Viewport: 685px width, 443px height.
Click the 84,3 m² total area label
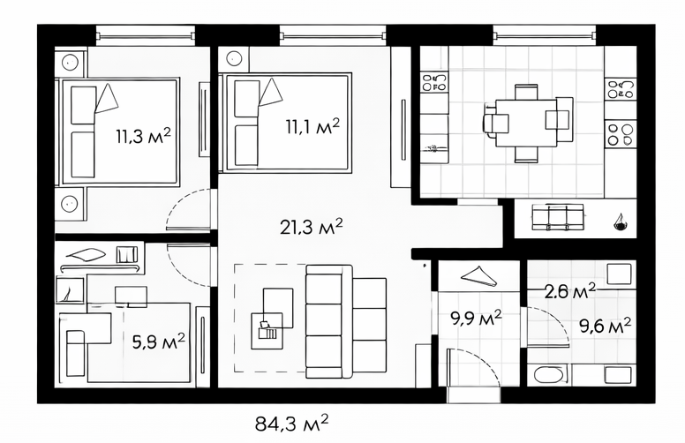(x=291, y=423)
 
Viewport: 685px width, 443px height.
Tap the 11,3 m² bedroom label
(x=143, y=136)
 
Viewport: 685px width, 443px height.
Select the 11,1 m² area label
(x=312, y=126)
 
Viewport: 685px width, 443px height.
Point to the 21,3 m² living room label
(x=311, y=227)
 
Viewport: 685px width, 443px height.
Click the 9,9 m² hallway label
(x=476, y=319)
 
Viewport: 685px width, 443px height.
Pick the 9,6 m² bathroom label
(x=605, y=326)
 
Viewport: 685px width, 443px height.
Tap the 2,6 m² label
(x=569, y=290)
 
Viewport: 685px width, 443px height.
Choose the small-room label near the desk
(x=159, y=342)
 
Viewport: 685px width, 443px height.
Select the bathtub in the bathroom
(x=550, y=375)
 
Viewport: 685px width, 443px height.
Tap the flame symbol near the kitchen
(x=620, y=221)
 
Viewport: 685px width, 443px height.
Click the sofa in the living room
(x=346, y=321)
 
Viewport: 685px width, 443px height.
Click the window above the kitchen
(x=545, y=35)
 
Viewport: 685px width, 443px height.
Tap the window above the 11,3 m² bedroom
(x=145, y=35)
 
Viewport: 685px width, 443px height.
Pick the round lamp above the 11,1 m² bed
(x=235, y=58)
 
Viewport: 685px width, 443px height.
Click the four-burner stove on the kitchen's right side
(x=621, y=134)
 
